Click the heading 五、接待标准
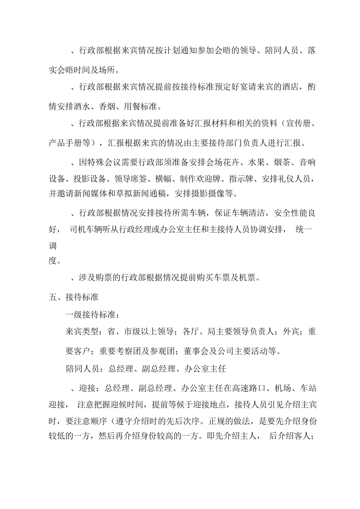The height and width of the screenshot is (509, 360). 74,297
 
